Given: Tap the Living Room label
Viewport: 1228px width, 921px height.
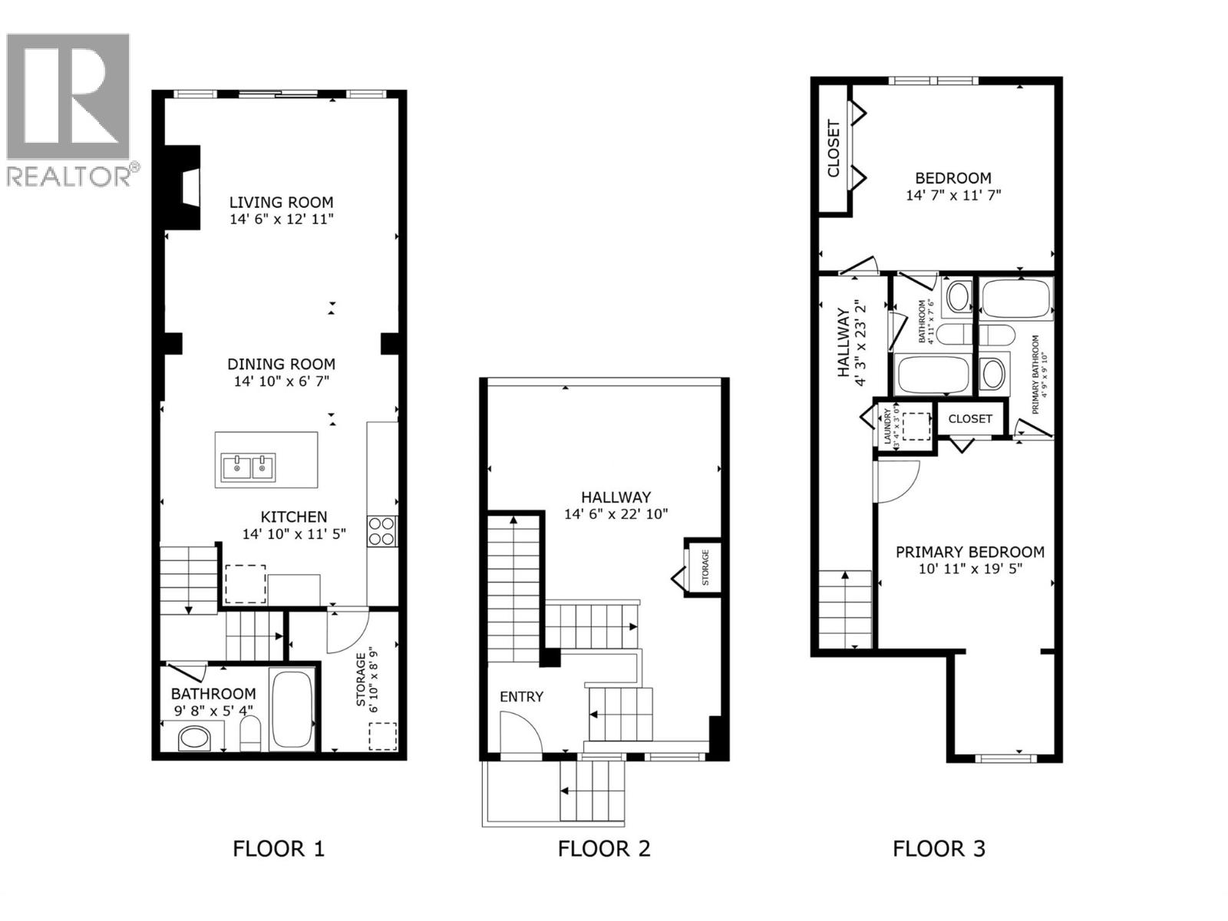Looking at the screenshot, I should pos(281,203).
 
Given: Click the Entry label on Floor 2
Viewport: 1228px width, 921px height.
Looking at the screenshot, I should pos(521,697).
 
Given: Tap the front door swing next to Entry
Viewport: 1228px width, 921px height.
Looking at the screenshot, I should pos(520,733).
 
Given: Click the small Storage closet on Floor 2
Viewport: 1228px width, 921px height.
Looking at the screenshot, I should pos(704,567).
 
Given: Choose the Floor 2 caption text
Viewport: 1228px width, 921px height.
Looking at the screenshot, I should pos(604,849).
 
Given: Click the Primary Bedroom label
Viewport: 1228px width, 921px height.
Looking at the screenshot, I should pos(969,552).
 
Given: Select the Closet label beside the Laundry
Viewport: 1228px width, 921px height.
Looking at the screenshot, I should pos(970,419).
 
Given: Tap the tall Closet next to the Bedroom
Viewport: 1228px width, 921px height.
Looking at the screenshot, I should pos(834,148).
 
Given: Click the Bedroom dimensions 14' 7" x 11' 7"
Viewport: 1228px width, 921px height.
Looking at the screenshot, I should pos(953,196).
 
